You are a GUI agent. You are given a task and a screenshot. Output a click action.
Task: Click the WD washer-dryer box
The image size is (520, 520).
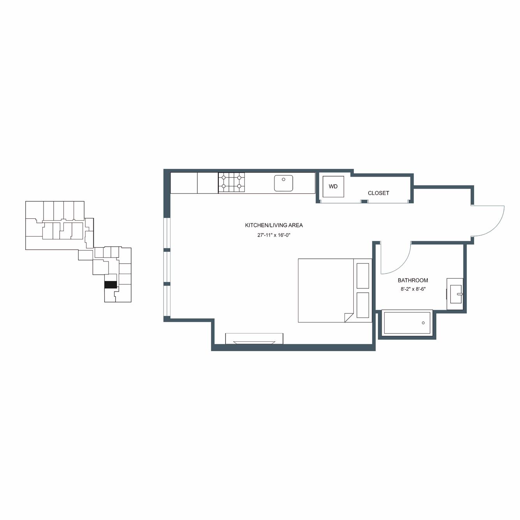pyautogui.click(x=333, y=186)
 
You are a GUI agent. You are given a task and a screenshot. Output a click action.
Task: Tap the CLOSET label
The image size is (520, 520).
pyautogui.click(x=378, y=193)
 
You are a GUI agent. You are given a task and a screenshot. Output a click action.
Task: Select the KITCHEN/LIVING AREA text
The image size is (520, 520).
pyautogui.click(x=274, y=225)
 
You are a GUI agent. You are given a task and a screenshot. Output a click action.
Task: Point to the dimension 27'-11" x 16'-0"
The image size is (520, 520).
pyautogui.click(x=273, y=235)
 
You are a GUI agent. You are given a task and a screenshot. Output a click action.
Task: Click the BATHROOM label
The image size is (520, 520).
pyautogui.click(x=413, y=280)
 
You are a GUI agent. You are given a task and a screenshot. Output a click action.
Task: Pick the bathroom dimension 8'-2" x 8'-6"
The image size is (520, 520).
pyautogui.click(x=413, y=289)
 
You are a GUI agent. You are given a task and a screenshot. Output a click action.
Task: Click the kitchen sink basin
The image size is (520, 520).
pyautogui.click(x=283, y=183)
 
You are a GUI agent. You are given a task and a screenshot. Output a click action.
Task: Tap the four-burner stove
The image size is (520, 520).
pyautogui.click(x=231, y=183)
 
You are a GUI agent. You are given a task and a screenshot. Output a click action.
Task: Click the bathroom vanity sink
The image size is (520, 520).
pyautogui.click(x=456, y=294)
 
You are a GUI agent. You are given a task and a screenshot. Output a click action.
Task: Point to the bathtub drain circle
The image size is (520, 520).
pyautogui.click(x=423, y=323)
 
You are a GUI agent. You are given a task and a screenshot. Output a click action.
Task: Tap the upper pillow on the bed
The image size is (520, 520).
pyautogui.click(x=363, y=276)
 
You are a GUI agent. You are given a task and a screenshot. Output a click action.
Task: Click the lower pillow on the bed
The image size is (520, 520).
pyautogui.click(x=363, y=305)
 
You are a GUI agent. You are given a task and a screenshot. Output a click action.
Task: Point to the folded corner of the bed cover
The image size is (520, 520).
pyautogui.click(x=348, y=317)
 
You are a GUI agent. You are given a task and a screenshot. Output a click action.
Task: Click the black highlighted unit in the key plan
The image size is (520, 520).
pyautogui.click(x=111, y=285)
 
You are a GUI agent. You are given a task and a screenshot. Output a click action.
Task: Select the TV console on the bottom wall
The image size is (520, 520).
pyautogui.click(x=254, y=338)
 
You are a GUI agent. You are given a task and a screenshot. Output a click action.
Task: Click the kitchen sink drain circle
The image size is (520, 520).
pyautogui.click(x=283, y=179)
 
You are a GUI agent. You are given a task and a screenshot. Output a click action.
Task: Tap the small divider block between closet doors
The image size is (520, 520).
pyautogui.click(x=364, y=201)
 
